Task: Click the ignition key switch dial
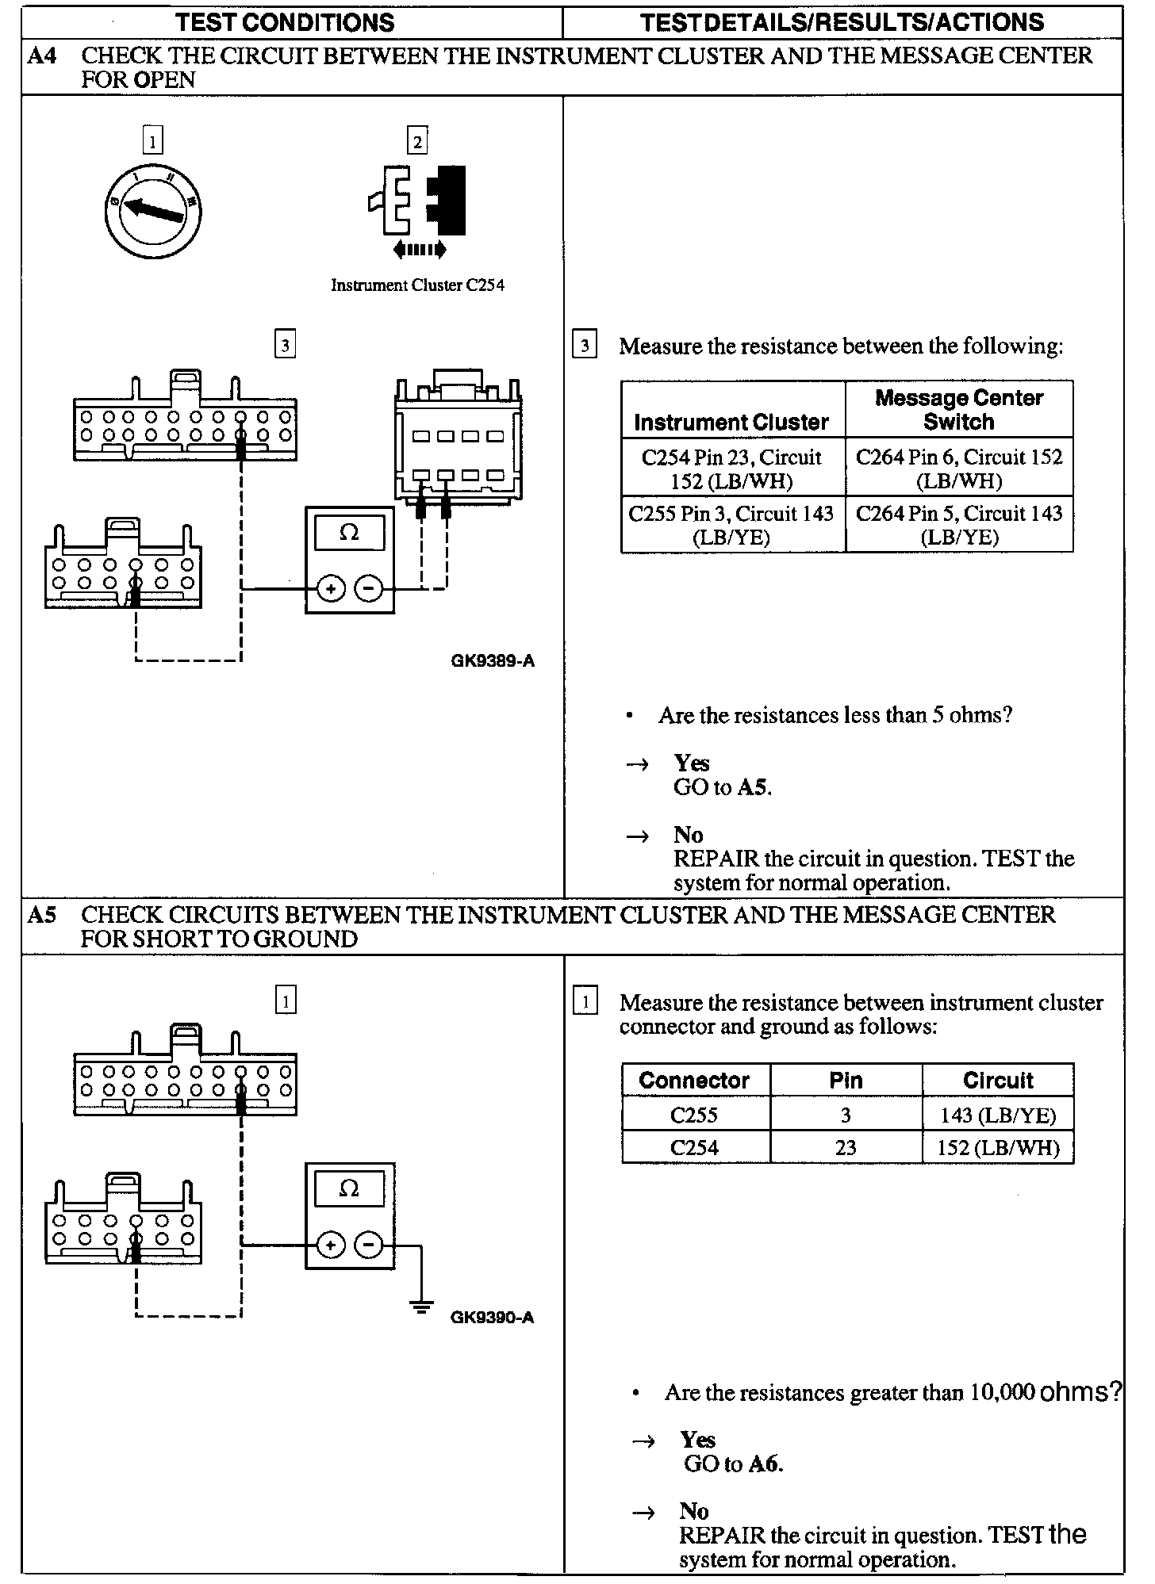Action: click(x=152, y=209)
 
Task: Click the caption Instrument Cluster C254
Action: click(x=417, y=285)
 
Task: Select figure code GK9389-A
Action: click(x=493, y=660)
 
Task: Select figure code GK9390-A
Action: click(x=492, y=1318)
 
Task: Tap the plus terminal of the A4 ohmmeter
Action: click(x=331, y=589)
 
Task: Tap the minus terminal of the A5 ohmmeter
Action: click(x=368, y=1245)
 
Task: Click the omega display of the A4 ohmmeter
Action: click(x=349, y=533)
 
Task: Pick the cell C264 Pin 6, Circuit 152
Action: click(x=958, y=469)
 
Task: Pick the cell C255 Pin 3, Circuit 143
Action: click(x=731, y=525)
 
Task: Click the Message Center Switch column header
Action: click(x=958, y=409)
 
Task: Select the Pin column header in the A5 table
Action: click(x=846, y=1081)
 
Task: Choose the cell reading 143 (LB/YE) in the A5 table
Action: click(x=997, y=1115)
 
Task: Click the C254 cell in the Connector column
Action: click(x=694, y=1147)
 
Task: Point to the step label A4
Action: click(x=42, y=55)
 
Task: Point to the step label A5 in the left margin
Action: click(x=42, y=915)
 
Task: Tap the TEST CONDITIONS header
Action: click(x=286, y=22)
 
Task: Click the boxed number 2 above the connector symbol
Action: click(x=417, y=142)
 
